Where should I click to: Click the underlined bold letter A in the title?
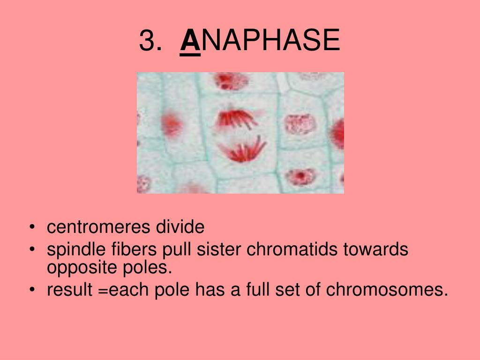190,40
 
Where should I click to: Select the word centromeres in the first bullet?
98,227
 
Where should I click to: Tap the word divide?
180,227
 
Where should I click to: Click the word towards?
375,249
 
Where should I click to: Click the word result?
69,289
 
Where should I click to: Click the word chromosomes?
384,289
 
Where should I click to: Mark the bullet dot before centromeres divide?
32,227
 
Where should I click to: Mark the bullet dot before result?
32,290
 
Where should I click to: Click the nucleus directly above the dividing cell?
231,81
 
